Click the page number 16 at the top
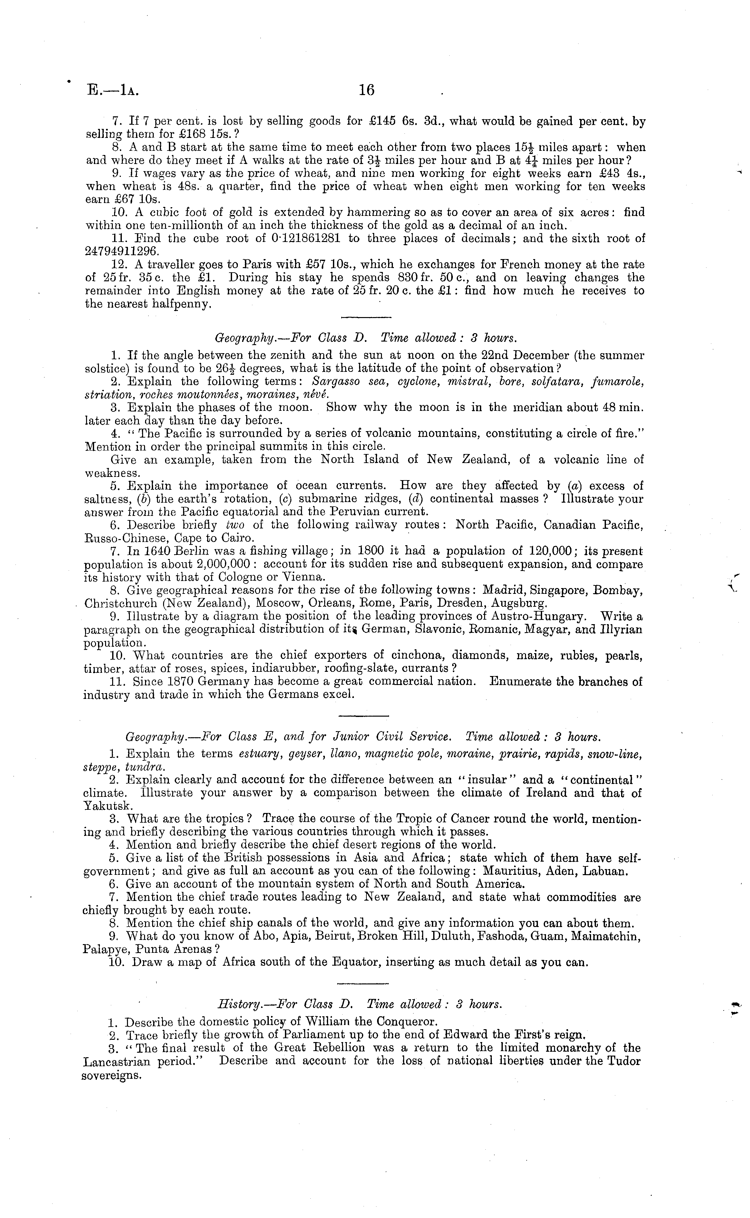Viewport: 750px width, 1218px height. click(x=366, y=90)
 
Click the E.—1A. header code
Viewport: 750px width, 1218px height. click(x=112, y=90)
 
